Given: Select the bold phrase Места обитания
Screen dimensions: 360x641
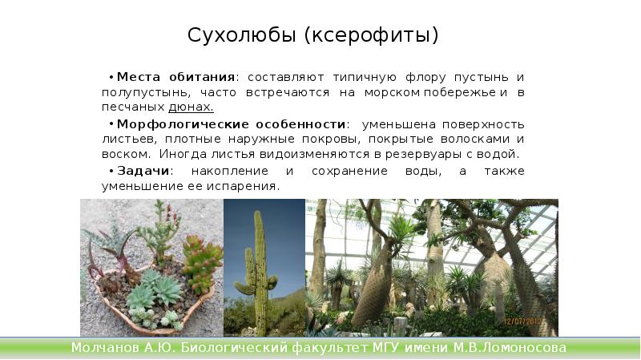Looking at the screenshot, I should click(176, 78).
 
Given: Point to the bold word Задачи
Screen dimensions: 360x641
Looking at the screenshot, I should click(143, 172).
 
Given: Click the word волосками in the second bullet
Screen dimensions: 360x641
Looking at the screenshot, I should click(466, 139).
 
